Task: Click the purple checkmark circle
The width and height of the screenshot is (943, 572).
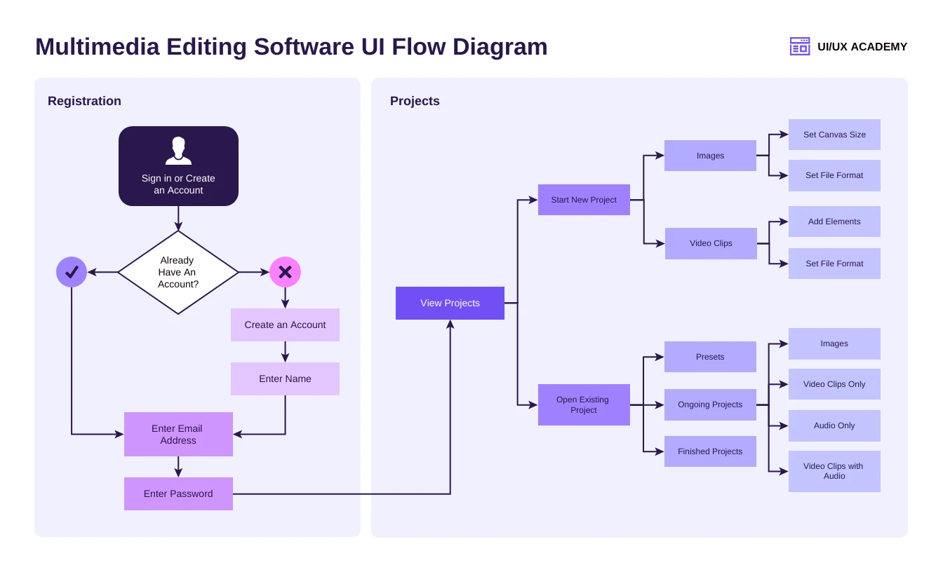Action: (72, 272)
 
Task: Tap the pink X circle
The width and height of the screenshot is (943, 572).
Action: (285, 272)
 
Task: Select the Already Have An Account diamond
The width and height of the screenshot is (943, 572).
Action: (178, 272)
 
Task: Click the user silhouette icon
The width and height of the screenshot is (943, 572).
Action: (178, 151)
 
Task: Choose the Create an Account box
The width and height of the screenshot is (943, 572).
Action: (285, 325)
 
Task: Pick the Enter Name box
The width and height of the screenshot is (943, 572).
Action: (285, 379)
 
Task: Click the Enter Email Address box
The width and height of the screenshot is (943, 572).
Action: (178, 434)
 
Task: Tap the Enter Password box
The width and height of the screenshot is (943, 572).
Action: (178, 493)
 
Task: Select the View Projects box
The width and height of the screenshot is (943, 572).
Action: (450, 303)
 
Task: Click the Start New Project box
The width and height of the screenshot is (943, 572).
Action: (584, 200)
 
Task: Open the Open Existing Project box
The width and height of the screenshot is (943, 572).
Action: (584, 404)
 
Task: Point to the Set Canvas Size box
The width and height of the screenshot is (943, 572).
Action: (834, 135)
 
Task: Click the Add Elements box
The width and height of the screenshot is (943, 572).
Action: (834, 222)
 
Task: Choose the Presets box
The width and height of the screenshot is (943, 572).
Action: (710, 357)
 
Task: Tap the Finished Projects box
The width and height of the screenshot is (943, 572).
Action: (710, 451)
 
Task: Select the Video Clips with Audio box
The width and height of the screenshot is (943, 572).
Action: (834, 471)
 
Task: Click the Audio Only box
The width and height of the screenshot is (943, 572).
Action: (834, 425)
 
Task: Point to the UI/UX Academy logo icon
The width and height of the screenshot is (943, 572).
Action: (799, 46)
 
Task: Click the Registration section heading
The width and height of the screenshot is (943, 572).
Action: (84, 101)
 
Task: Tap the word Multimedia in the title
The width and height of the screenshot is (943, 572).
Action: (98, 47)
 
